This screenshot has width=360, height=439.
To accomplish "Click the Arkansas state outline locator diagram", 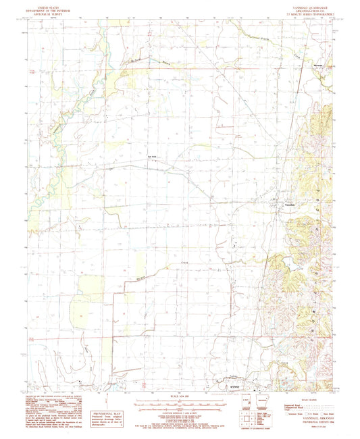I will pos(263,409).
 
